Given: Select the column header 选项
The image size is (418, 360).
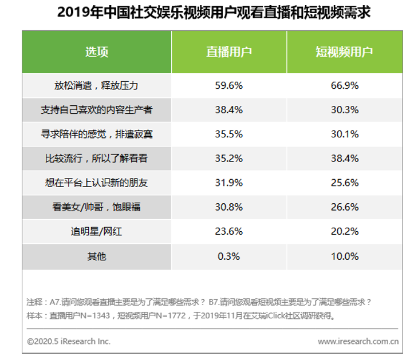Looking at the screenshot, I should click(x=97, y=52).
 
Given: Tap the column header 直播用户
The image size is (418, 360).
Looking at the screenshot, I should click(x=229, y=52).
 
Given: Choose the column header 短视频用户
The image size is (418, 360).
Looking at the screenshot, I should click(x=344, y=52).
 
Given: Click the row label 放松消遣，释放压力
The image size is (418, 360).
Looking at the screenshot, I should click(x=97, y=85).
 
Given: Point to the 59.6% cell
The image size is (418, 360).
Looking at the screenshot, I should click(x=229, y=85).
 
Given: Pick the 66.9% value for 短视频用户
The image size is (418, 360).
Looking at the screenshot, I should click(x=345, y=85).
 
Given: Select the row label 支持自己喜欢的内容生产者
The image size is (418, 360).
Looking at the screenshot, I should click(x=97, y=109).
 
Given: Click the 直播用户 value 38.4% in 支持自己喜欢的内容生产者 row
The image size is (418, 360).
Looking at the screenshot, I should click(x=229, y=109).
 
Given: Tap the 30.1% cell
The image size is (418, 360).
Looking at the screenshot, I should click(x=345, y=134).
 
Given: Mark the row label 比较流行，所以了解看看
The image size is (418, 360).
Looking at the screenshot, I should click(x=97, y=158).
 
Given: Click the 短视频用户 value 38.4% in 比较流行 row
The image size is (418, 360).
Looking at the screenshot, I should click(x=345, y=158).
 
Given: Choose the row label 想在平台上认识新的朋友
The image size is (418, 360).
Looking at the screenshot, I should click(x=97, y=183).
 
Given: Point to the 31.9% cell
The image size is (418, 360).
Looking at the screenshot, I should click(x=229, y=183).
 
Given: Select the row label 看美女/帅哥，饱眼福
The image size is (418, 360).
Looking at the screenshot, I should click(x=97, y=207).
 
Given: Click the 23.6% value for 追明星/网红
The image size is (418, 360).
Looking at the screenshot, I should click(x=229, y=231).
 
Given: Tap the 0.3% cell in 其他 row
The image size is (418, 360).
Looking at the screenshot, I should click(x=229, y=256).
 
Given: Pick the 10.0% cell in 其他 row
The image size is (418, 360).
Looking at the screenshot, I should click(x=345, y=256).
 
